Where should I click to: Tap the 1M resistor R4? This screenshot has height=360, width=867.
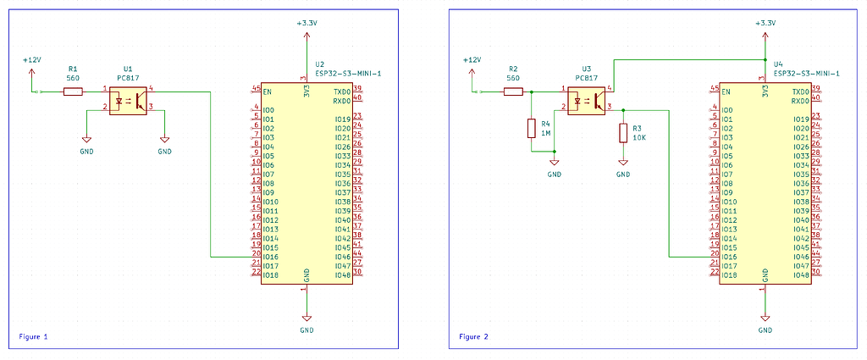coord(532,129)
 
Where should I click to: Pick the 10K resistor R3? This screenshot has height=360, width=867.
coord(623,133)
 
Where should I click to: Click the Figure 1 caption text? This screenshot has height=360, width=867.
coord(33,336)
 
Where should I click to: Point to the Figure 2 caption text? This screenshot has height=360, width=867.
coord(474,336)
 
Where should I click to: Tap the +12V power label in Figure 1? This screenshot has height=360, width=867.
coord(31,60)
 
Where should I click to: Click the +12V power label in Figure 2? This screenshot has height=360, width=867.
coord(472,60)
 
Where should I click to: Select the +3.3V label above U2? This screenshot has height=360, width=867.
coord(306,24)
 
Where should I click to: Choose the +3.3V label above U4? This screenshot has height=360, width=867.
coord(765,24)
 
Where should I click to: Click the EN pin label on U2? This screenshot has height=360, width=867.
coord(268,91)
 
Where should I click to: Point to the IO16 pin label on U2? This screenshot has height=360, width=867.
coord(271,257)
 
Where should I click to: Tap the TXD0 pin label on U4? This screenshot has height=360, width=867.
coord(800,91)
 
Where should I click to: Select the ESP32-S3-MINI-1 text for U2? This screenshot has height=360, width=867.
coord(348,74)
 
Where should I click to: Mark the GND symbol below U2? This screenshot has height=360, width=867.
coord(306,323)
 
